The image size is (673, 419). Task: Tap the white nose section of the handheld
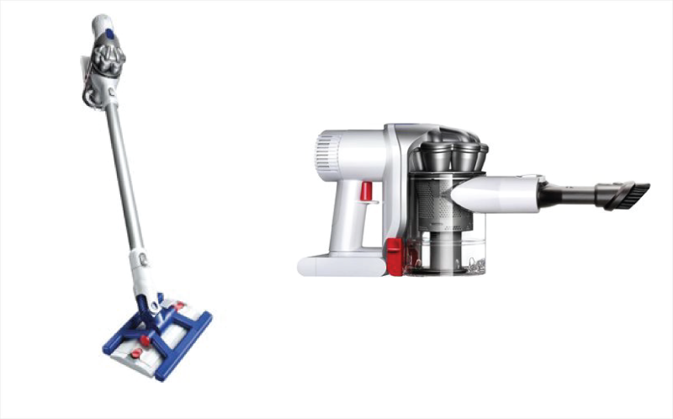(x=496, y=193)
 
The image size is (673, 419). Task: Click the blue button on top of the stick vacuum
(x=109, y=36)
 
